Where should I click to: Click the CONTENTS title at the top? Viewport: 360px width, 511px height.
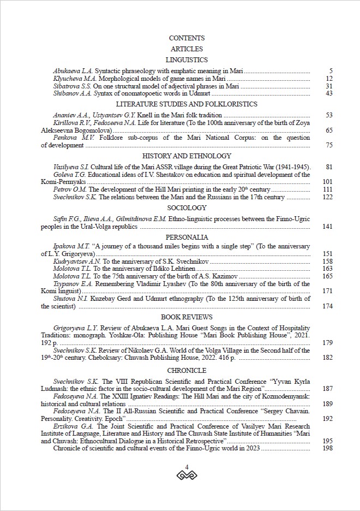tap(187, 38)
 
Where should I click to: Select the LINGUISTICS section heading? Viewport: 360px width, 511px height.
tap(187, 60)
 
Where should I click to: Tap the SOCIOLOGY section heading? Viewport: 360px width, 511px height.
tap(187, 208)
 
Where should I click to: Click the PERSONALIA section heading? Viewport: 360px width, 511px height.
tap(187, 237)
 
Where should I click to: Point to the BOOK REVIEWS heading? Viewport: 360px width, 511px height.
tap(187, 317)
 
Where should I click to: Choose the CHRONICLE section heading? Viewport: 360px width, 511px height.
tap(187, 371)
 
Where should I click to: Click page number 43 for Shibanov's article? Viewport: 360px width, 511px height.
tap(328, 93)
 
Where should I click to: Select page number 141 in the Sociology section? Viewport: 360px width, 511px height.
tap(327, 227)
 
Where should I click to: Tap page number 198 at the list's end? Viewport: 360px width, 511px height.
tap(327, 448)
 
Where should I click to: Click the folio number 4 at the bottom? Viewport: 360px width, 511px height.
tap(187, 467)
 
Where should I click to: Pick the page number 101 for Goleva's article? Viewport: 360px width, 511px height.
tap(327, 182)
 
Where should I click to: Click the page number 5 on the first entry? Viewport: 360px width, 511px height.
tap(331, 72)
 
